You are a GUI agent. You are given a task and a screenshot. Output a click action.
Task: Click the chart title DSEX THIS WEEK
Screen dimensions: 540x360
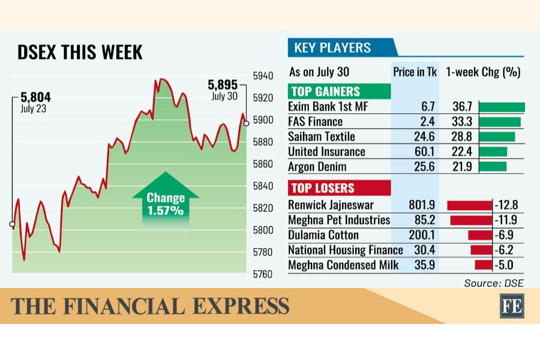click(80, 52)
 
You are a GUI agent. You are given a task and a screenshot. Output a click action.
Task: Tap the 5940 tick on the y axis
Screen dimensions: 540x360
click(263, 76)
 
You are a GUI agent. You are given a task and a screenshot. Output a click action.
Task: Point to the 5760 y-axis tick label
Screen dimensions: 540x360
click(263, 274)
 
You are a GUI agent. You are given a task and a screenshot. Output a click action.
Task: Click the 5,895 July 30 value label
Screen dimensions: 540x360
click(223, 89)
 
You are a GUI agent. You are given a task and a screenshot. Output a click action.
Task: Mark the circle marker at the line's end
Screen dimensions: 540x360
click(246, 124)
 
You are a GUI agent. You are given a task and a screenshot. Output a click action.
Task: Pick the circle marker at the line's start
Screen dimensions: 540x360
click(13, 224)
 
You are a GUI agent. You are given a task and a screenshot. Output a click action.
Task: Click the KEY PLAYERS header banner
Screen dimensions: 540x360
click(342, 47)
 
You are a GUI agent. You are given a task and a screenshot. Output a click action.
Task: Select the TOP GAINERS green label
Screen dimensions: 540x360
click(339, 91)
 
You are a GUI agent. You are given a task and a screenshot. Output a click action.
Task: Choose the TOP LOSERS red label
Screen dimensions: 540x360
click(339, 188)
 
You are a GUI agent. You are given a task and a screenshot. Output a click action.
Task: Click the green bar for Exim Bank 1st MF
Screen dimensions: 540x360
click(502, 107)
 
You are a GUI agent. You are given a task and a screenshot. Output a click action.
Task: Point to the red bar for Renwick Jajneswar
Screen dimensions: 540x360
click(470, 205)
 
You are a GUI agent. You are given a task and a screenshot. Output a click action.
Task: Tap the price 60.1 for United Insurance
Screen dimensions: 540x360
click(424, 152)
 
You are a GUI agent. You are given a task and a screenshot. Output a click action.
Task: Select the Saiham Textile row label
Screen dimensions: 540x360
click(322, 137)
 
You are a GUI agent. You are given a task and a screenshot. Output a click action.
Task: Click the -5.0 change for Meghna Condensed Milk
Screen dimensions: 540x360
click(504, 265)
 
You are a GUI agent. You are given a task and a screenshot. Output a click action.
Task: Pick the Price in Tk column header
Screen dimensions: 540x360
click(415, 72)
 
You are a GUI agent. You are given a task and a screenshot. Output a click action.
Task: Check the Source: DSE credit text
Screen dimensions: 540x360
click(494, 283)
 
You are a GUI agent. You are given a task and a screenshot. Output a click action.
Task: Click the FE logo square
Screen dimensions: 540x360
click(512, 306)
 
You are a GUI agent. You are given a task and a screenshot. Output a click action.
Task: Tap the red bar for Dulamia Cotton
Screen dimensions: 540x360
click(480, 235)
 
